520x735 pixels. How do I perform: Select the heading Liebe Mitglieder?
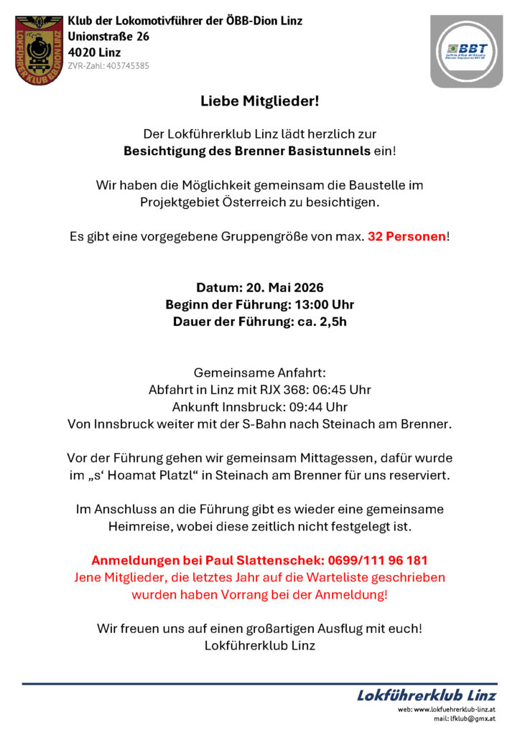tap(259, 102)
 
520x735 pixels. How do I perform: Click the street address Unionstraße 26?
tap(108, 37)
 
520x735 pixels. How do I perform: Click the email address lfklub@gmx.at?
tap(475, 718)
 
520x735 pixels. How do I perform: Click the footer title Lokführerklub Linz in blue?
tap(427, 695)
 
